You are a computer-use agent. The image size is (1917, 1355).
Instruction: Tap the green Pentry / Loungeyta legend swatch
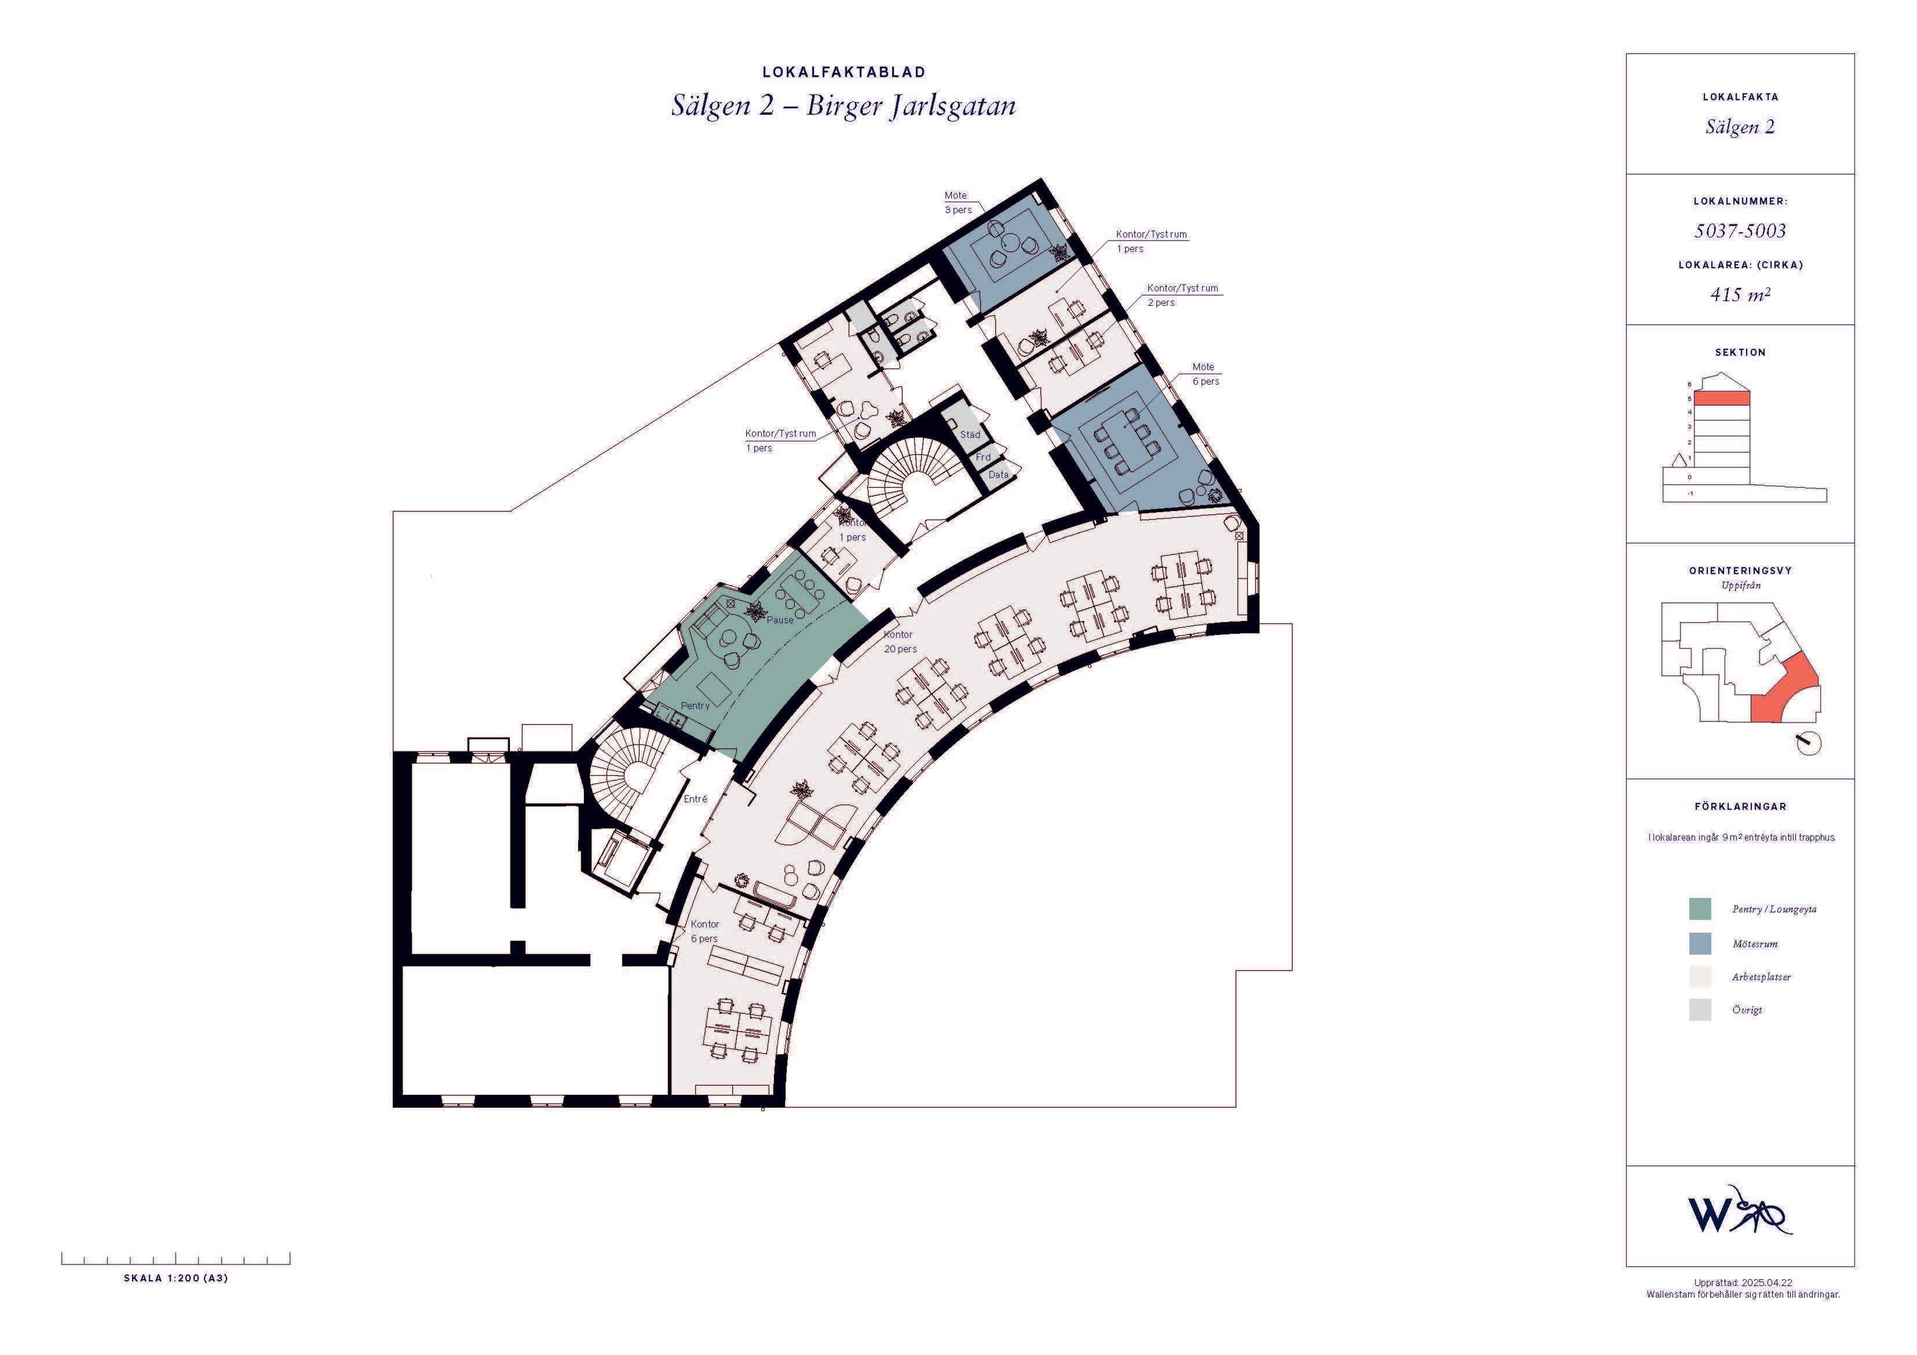1700,909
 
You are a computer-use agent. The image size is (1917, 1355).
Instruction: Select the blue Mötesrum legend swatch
1700,944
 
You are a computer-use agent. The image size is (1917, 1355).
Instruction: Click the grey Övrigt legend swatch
1700,1009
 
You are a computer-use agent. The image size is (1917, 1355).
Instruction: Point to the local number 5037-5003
1740,231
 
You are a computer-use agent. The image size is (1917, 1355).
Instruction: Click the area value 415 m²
1740,294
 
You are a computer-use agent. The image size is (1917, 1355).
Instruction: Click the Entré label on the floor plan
696,799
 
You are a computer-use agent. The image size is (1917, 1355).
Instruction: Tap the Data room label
999,474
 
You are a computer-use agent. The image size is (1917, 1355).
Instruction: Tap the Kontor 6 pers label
704,932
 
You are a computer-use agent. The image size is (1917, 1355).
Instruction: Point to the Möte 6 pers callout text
1206,374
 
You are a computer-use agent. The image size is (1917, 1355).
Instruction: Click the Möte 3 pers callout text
958,203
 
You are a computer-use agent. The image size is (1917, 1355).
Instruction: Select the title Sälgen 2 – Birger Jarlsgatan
844,107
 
